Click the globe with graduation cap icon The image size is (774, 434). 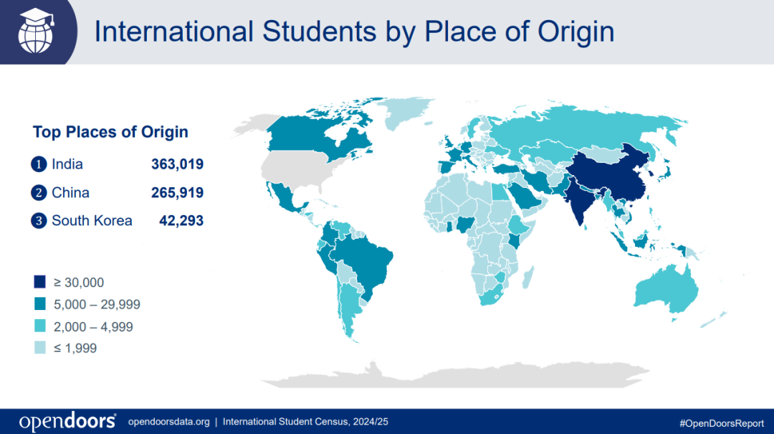pos(36,32)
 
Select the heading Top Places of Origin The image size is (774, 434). pos(110,132)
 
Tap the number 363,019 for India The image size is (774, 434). pos(177,164)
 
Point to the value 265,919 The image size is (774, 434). pos(177,192)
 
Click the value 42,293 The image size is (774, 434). pos(181,220)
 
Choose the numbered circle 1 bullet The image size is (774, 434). pos(39,164)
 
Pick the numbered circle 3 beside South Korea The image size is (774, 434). pos(39,220)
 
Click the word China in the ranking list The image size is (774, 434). pos(70,192)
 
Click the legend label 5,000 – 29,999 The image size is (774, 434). pos(96,304)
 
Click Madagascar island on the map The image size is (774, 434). pos(527,276)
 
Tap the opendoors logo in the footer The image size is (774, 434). pos(67,421)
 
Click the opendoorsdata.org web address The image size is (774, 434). pos(168,422)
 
